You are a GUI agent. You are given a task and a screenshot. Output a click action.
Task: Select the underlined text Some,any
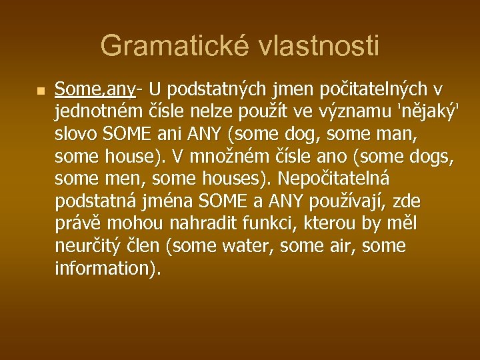tap(95, 89)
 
